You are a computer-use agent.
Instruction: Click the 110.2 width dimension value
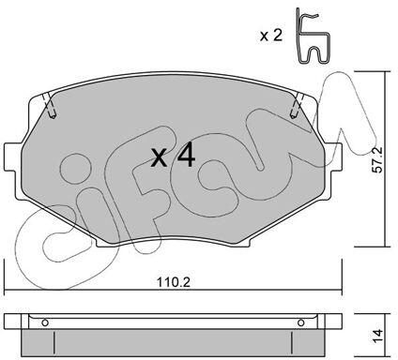point(174,282)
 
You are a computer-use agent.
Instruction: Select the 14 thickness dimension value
point(377,335)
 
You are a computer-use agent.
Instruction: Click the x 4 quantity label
point(173,156)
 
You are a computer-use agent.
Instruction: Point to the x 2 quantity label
point(271,36)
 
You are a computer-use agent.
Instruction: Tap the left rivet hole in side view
point(45,322)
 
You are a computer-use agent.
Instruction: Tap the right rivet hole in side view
point(301,322)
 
